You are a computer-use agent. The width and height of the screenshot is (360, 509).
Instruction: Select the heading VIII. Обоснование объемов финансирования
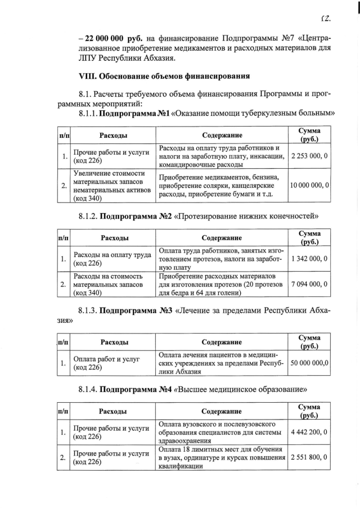[164, 75]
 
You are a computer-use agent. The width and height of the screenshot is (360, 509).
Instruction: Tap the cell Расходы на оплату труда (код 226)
[112, 259]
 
